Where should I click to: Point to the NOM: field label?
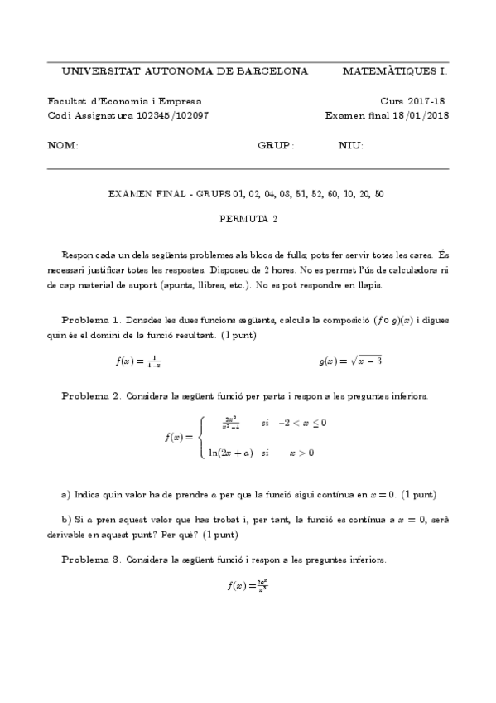coord(63,145)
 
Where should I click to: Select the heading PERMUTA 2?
coord(248,220)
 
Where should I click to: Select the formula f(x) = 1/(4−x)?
coord(138,361)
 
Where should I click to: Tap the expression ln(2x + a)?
coord(230,453)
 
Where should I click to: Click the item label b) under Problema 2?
coord(65,519)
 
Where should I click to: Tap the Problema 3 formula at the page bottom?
coord(248,585)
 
